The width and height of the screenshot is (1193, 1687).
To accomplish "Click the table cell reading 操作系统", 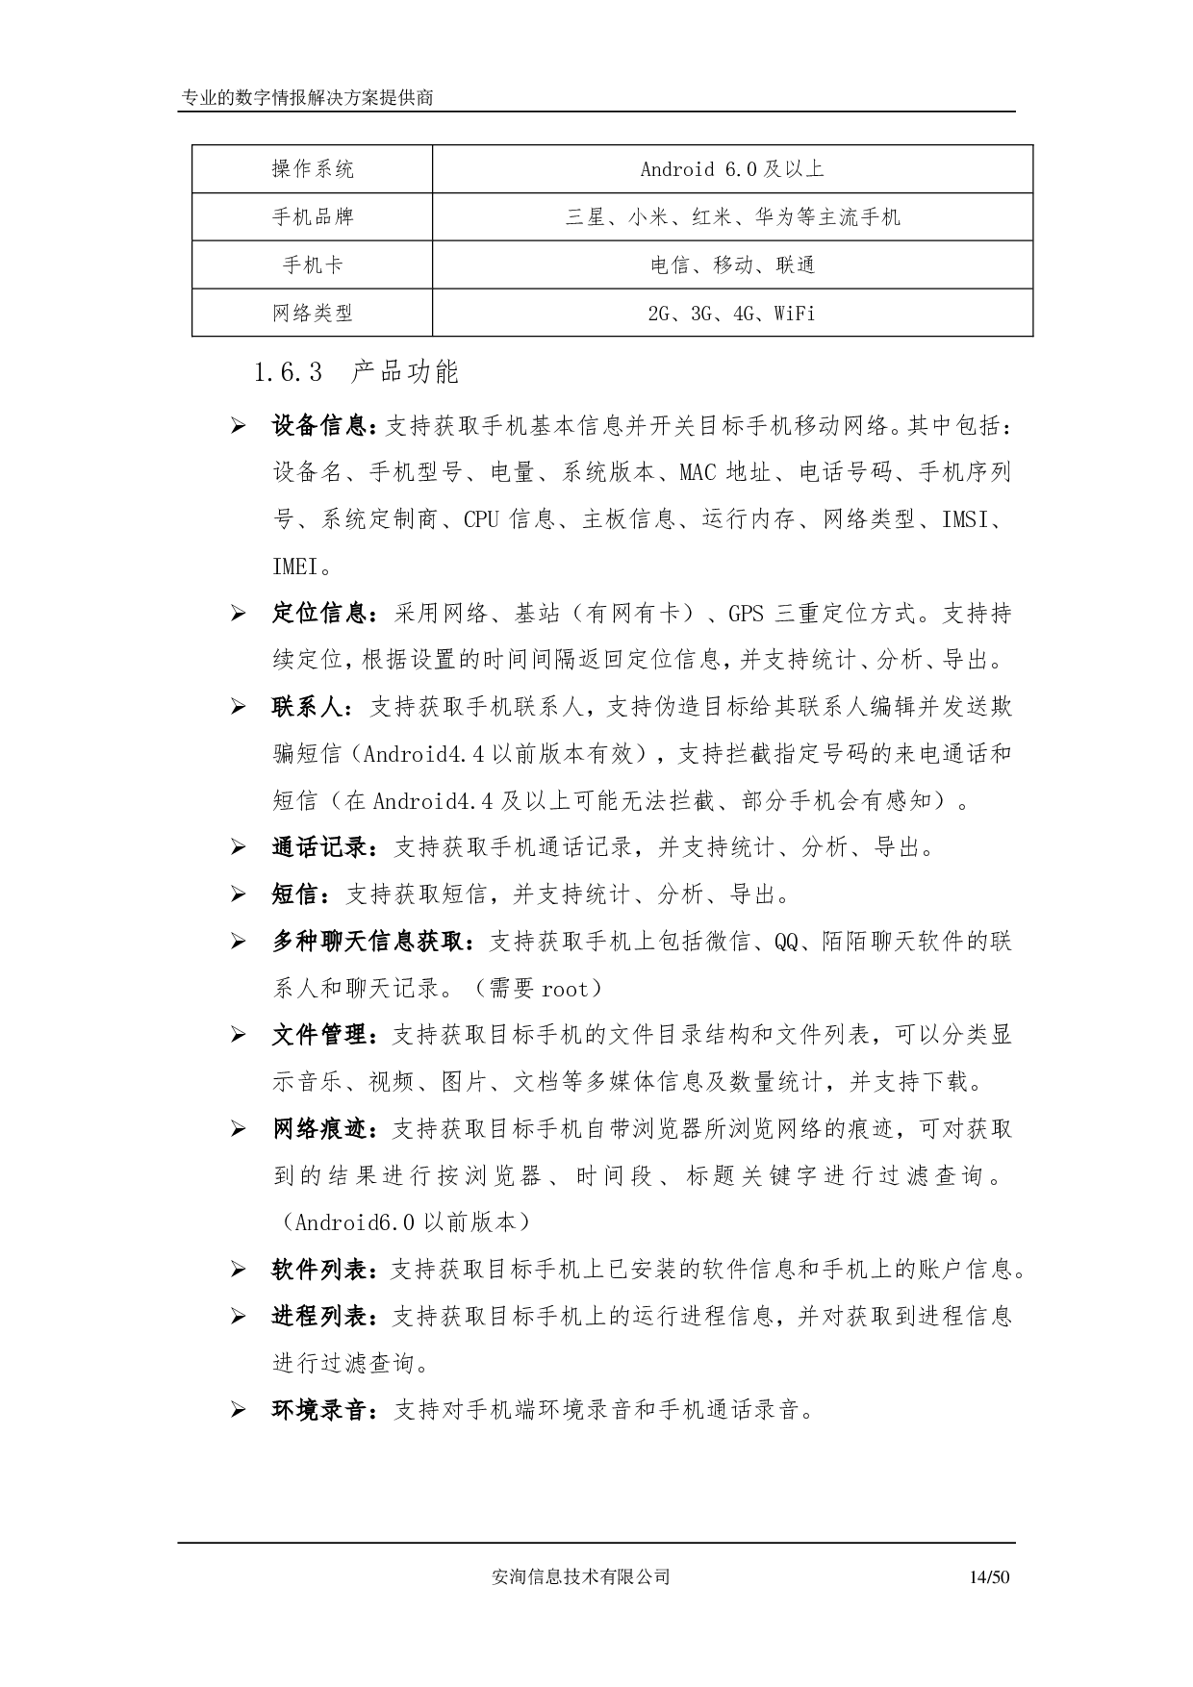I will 313,169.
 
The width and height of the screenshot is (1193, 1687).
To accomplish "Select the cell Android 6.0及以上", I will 732,169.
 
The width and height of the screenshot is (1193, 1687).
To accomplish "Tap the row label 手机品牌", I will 313,217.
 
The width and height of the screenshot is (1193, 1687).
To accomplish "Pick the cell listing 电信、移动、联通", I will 732,264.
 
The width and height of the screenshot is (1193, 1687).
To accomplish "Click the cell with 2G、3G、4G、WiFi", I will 732,313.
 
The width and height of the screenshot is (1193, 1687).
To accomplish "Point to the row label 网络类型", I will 313,313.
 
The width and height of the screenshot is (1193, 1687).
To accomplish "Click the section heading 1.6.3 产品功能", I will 356,372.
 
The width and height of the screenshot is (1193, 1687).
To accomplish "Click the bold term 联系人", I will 308,707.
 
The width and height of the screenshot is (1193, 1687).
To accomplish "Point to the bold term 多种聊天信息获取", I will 368,942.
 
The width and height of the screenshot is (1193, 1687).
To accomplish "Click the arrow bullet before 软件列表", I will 238,1271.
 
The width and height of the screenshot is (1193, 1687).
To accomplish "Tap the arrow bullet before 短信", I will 238,895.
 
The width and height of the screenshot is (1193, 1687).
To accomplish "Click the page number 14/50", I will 990,1576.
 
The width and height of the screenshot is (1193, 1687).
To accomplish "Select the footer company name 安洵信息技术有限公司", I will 580,1576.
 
